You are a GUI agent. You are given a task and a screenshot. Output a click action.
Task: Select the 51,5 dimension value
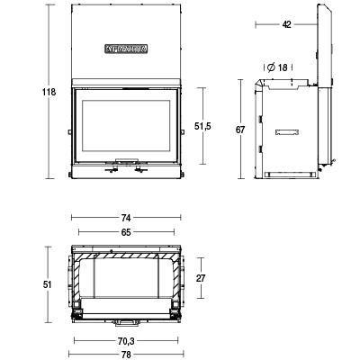(x=214, y=126)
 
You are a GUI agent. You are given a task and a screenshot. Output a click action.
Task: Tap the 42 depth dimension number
(x=285, y=25)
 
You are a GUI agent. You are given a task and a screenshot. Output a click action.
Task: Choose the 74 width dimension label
(x=126, y=218)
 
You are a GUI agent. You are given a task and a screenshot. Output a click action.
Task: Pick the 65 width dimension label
(x=126, y=232)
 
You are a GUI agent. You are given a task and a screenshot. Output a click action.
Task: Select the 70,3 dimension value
(x=126, y=341)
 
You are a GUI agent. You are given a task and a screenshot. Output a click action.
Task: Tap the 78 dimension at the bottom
(x=126, y=355)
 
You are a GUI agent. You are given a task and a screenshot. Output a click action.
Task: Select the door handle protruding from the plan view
(x=126, y=320)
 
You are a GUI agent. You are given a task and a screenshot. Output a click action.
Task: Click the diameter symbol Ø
(x=269, y=67)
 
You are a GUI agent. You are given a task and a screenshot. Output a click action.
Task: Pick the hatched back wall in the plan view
(x=126, y=258)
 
